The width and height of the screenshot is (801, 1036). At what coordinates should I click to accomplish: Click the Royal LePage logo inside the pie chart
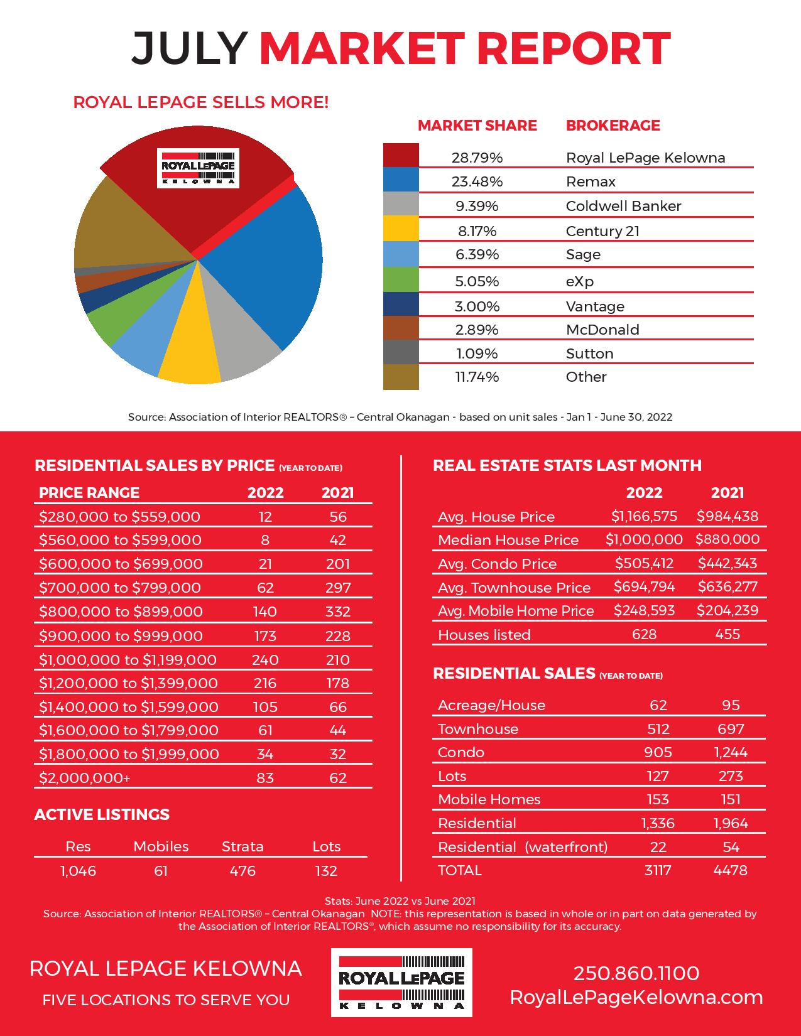pos(198,168)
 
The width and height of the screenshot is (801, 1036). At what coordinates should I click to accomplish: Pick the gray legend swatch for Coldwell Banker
pos(401,204)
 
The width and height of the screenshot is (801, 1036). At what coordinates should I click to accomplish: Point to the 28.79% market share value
pos(477,158)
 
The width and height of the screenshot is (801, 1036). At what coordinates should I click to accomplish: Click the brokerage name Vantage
pos(595,306)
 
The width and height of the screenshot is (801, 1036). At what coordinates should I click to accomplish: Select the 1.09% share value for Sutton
pos(477,353)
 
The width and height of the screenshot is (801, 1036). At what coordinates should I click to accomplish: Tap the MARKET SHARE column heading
pos(477,126)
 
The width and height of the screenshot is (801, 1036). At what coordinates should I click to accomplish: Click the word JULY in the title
pos(189,48)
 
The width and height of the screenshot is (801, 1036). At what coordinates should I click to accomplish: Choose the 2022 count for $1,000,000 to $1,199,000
pos(265,660)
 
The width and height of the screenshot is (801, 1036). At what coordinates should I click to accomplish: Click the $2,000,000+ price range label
pos(84,778)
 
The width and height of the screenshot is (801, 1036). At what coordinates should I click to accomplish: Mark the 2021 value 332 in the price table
pos(338,612)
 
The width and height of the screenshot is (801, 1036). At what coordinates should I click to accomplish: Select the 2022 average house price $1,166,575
pos(644,516)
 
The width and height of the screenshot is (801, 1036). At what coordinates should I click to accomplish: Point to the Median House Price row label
pos(508,540)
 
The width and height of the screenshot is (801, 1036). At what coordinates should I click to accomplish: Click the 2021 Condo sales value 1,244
pos(731,752)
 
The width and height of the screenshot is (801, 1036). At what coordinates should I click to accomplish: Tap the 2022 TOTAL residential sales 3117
pos(657,871)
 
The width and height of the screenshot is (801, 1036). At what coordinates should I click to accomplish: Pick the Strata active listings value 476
pos(242,871)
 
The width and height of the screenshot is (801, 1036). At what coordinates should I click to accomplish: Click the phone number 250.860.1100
pos(636,973)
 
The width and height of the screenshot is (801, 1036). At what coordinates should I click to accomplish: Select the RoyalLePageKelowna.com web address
pos(636,998)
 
